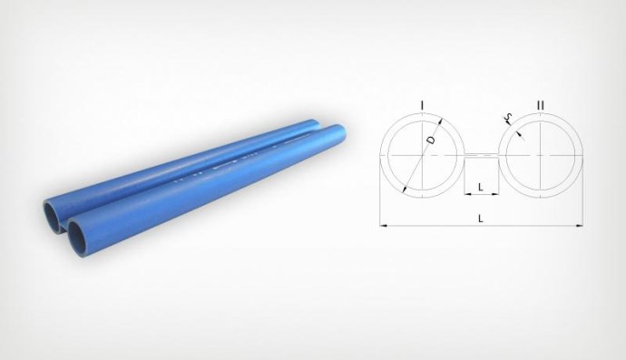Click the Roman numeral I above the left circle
(x=422, y=105)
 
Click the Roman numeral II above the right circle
(x=540, y=105)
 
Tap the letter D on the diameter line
(x=430, y=140)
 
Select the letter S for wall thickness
(x=508, y=117)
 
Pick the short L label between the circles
(x=481, y=187)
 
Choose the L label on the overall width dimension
(x=481, y=219)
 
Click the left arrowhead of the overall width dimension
(x=383, y=226)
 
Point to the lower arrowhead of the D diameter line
(x=405, y=190)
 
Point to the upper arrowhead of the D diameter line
(x=441, y=122)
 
